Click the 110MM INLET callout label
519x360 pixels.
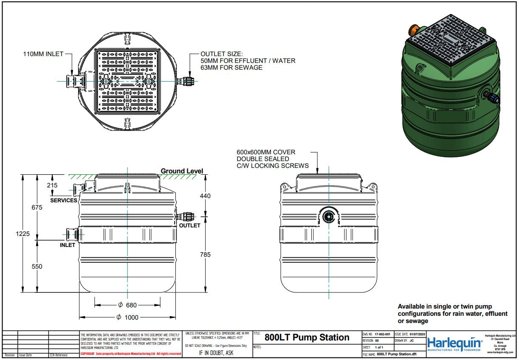(x=43, y=54)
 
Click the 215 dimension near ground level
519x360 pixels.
(x=52, y=185)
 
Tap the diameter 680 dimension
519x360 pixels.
(x=127, y=305)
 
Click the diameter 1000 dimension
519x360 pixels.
(x=127, y=317)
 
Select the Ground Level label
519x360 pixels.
(x=182, y=171)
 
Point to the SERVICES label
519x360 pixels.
(x=64, y=200)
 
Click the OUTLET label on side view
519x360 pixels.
(x=189, y=225)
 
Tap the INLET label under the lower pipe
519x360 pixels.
(x=68, y=245)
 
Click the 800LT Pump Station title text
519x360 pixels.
(x=307, y=337)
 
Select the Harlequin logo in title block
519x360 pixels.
(x=455, y=343)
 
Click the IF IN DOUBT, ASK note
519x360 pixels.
(x=216, y=353)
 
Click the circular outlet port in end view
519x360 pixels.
(x=328, y=217)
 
